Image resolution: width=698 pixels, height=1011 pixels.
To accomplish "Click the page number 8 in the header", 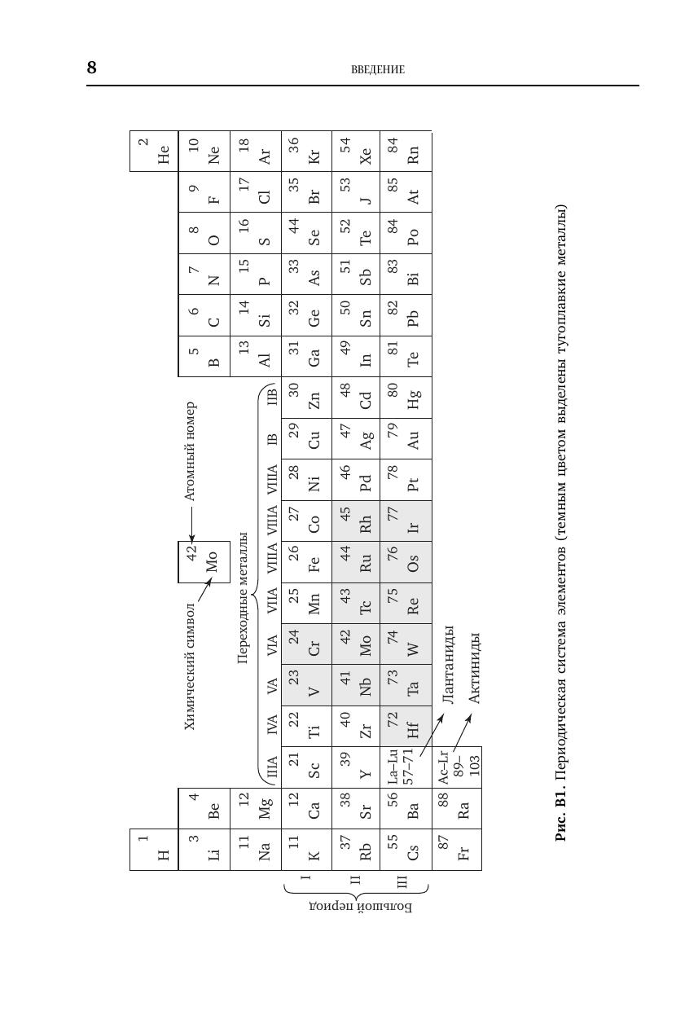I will coord(92,68).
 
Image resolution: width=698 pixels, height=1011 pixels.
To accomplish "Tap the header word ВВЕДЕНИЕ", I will coord(377,69).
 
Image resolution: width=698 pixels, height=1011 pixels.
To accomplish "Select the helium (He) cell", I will coord(153,151).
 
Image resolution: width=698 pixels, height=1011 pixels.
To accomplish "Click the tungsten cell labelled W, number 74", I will coord(406,644).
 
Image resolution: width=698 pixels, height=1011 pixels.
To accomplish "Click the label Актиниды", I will coord(476,668).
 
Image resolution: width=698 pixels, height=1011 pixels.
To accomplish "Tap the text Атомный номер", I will coord(189,451).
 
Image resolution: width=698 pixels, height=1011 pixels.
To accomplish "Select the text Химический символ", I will coord(189,666).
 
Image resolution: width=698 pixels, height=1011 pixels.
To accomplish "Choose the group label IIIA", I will coord(272,767).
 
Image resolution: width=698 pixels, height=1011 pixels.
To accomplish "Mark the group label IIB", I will coord(272,397).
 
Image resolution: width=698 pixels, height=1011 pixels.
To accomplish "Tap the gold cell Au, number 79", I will coord(406,438).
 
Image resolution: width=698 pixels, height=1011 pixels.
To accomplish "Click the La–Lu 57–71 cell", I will coord(406,767).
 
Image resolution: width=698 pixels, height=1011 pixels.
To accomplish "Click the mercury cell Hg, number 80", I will coord(406,397).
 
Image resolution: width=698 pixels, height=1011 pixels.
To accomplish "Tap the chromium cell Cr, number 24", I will coord(306,644).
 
